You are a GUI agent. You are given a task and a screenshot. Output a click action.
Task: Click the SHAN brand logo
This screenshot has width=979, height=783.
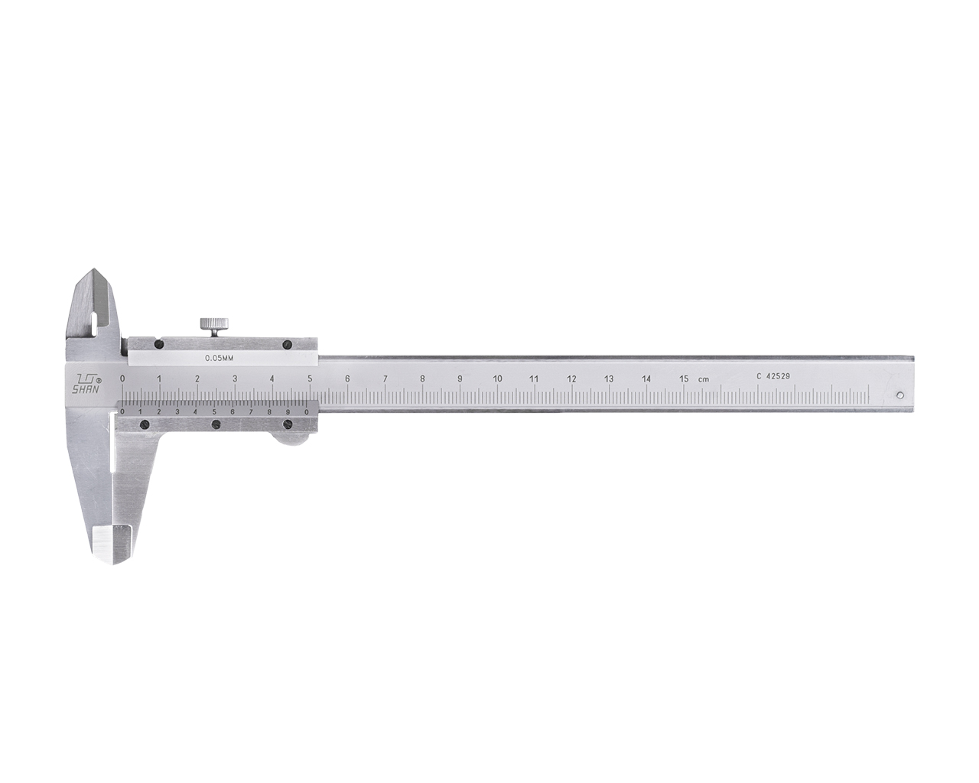click(85, 383)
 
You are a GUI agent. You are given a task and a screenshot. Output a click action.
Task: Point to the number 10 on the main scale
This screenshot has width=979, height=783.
click(497, 379)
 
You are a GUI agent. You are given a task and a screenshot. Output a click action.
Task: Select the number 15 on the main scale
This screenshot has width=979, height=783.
click(684, 379)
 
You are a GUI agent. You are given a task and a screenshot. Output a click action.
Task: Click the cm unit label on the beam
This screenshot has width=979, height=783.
click(703, 379)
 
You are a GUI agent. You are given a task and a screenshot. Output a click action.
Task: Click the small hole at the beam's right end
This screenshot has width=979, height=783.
click(899, 395)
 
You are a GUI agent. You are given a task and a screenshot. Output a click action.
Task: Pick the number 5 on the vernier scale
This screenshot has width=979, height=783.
click(213, 411)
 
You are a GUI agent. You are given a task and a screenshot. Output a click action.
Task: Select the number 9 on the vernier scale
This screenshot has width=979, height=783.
click(288, 411)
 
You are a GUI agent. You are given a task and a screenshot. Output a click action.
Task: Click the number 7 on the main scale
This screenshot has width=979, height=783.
click(385, 379)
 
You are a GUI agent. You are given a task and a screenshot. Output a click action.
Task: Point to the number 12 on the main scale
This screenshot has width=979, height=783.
click(571, 379)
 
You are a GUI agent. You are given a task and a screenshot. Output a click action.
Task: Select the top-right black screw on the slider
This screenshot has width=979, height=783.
click(287, 345)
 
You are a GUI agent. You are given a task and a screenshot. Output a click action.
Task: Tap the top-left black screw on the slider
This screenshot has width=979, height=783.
click(158, 345)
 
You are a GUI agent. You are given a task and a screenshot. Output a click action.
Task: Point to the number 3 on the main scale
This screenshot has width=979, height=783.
click(234, 379)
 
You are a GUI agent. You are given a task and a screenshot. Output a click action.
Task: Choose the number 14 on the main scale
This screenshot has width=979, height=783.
click(646, 379)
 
